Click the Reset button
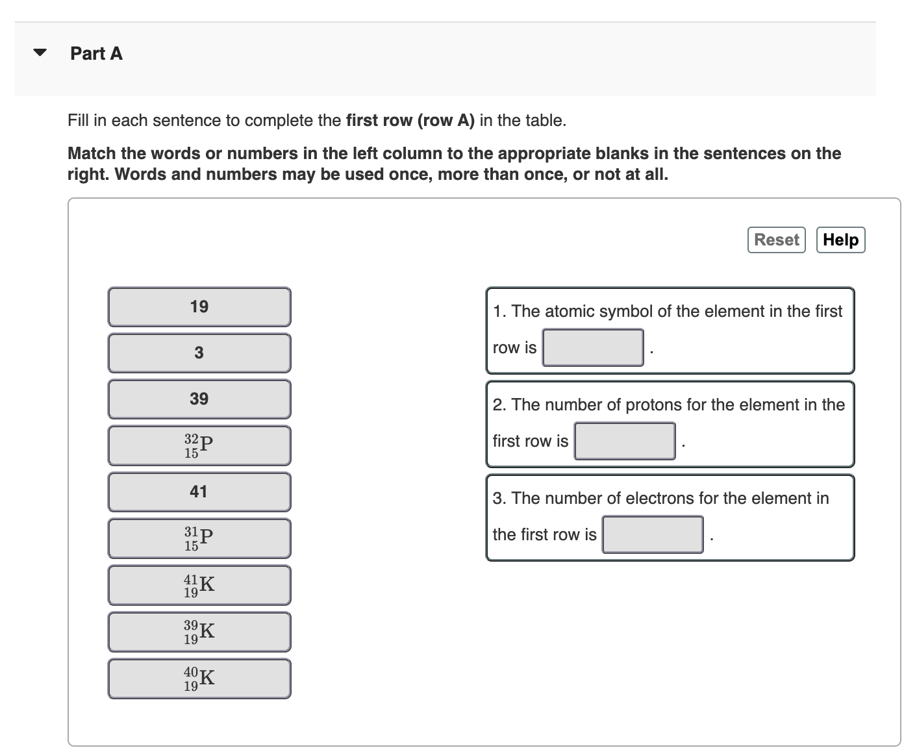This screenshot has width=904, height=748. tap(776, 240)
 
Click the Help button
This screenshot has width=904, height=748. tap(840, 240)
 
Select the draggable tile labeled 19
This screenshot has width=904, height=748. tap(199, 306)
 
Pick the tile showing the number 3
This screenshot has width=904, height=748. tap(199, 353)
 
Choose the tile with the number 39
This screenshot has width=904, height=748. tap(199, 399)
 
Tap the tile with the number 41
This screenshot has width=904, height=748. tap(199, 492)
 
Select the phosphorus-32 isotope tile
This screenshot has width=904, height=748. tap(199, 445)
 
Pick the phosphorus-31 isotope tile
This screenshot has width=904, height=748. tap(199, 538)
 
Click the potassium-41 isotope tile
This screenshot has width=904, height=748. tap(199, 585)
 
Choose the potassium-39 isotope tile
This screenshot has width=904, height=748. tap(199, 632)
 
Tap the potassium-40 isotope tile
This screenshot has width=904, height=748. tap(199, 679)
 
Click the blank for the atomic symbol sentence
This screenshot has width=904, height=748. tap(593, 347)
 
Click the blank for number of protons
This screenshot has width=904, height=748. tap(624, 441)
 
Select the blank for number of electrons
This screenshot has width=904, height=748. tap(652, 534)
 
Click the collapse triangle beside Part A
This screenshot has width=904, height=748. tap(40, 53)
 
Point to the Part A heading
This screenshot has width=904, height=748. tap(96, 53)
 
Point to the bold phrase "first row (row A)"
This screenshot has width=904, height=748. tap(410, 120)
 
